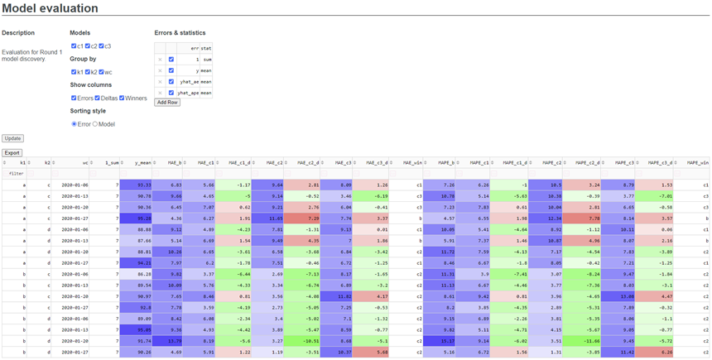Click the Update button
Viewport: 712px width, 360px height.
click(12, 138)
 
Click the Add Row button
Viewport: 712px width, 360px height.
click(167, 103)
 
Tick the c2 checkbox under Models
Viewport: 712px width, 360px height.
click(88, 46)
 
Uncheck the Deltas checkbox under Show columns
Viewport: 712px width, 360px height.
click(98, 98)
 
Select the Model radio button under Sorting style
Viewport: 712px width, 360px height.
click(95, 124)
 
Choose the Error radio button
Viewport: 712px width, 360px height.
click(74, 124)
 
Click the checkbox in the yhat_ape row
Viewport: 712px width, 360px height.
click(171, 93)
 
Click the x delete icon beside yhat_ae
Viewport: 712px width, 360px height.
click(160, 82)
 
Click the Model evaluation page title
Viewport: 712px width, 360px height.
click(51, 9)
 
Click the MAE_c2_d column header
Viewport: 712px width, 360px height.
click(305, 163)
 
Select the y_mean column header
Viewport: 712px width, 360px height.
click(140, 163)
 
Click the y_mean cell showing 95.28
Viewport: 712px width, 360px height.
click(140, 218)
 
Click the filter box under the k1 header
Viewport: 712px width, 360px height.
click(17, 174)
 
